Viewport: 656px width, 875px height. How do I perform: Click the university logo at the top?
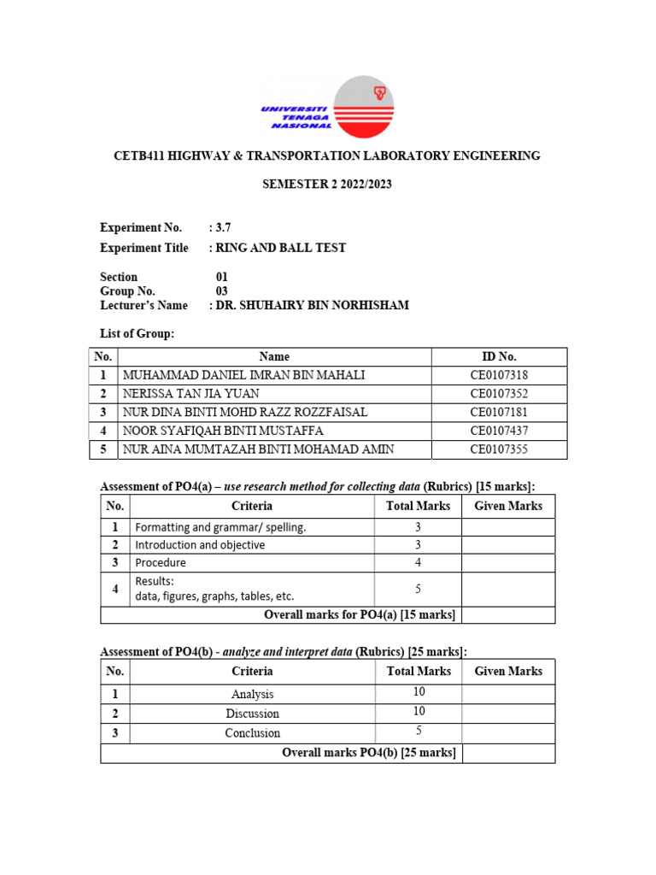coord(327,106)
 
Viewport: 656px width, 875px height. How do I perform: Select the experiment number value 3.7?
coord(223,227)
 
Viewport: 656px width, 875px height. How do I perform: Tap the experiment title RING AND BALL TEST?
coord(282,248)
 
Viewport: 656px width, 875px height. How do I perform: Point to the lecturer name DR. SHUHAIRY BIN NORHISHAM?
coord(312,305)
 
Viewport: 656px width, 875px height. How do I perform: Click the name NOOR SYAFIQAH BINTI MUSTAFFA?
coord(224,432)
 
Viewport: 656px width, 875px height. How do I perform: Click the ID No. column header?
coord(499,356)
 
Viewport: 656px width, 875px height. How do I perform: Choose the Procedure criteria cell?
coord(160,563)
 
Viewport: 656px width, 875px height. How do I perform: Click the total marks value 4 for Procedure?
coord(418,563)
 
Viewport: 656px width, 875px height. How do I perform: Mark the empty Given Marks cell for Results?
coord(508,589)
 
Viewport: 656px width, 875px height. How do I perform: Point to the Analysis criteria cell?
coord(252,695)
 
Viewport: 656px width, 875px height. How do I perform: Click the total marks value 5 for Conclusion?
coord(418,731)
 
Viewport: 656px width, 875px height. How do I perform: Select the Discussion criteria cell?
coord(252,714)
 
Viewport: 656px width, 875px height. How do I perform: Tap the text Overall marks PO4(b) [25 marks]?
coord(368,753)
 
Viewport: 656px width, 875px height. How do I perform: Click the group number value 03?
coord(222,291)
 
